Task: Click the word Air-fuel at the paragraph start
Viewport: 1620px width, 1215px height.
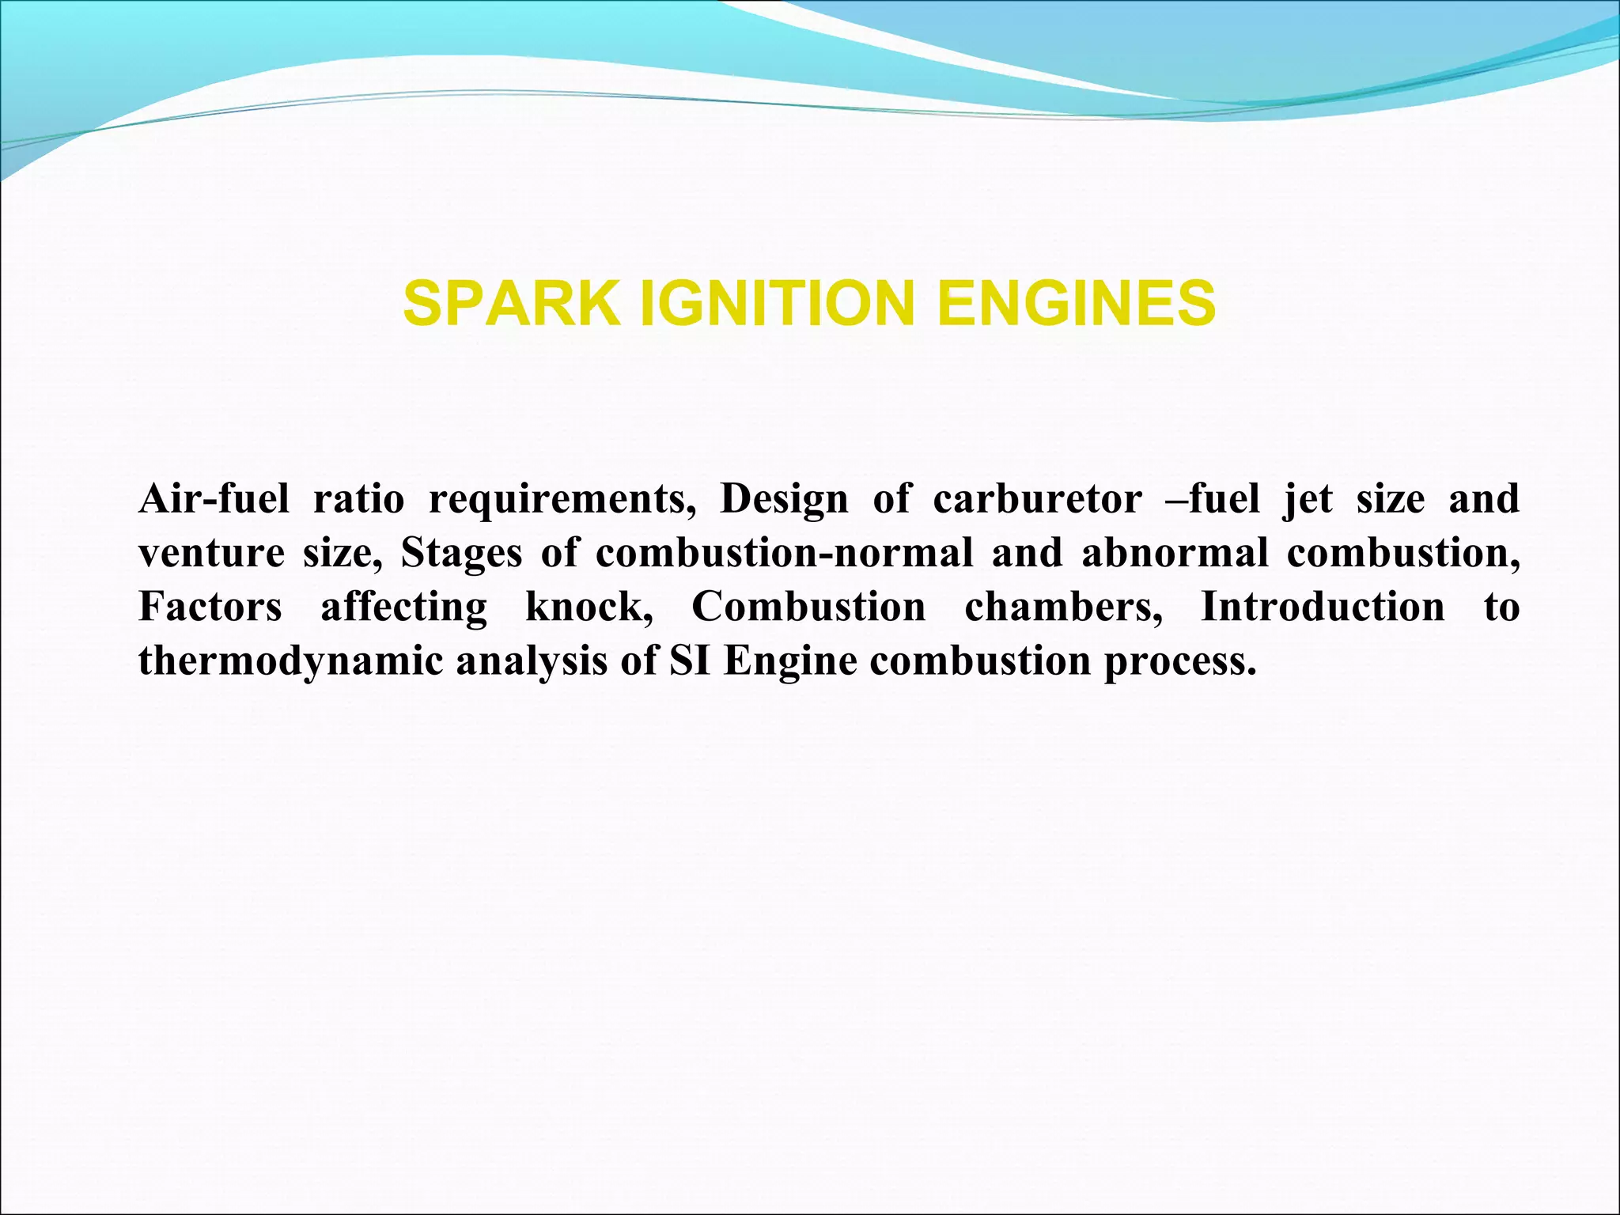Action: [214, 500]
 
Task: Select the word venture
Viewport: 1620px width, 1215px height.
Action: [211, 554]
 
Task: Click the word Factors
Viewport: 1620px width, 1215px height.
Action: [210, 607]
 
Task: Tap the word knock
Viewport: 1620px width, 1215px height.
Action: [589, 607]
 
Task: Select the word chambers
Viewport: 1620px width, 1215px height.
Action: [1064, 607]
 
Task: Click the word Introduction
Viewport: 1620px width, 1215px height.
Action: [1323, 607]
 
